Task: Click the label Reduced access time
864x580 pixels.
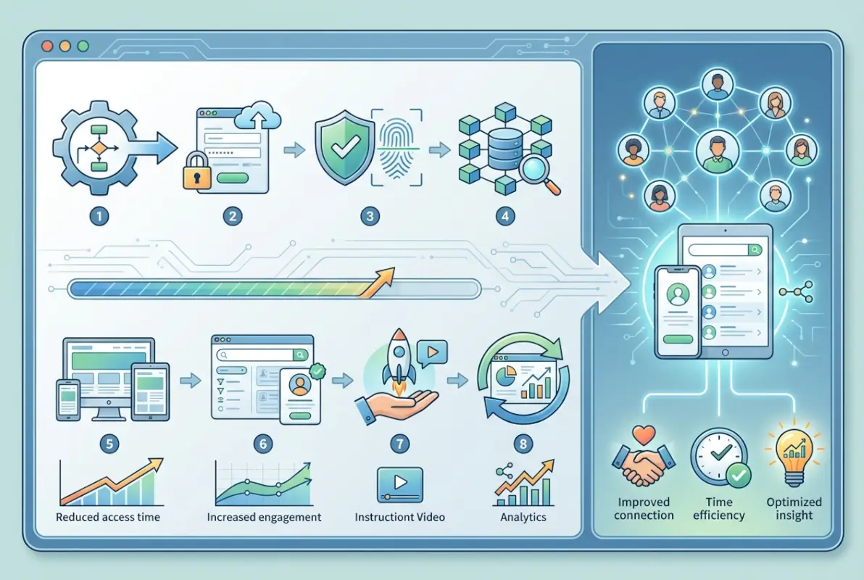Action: (107, 518)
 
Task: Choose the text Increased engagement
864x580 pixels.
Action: (264, 518)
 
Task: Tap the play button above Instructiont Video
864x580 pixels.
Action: (399, 484)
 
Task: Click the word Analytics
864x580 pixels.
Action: (523, 518)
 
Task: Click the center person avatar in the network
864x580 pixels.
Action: (715, 153)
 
